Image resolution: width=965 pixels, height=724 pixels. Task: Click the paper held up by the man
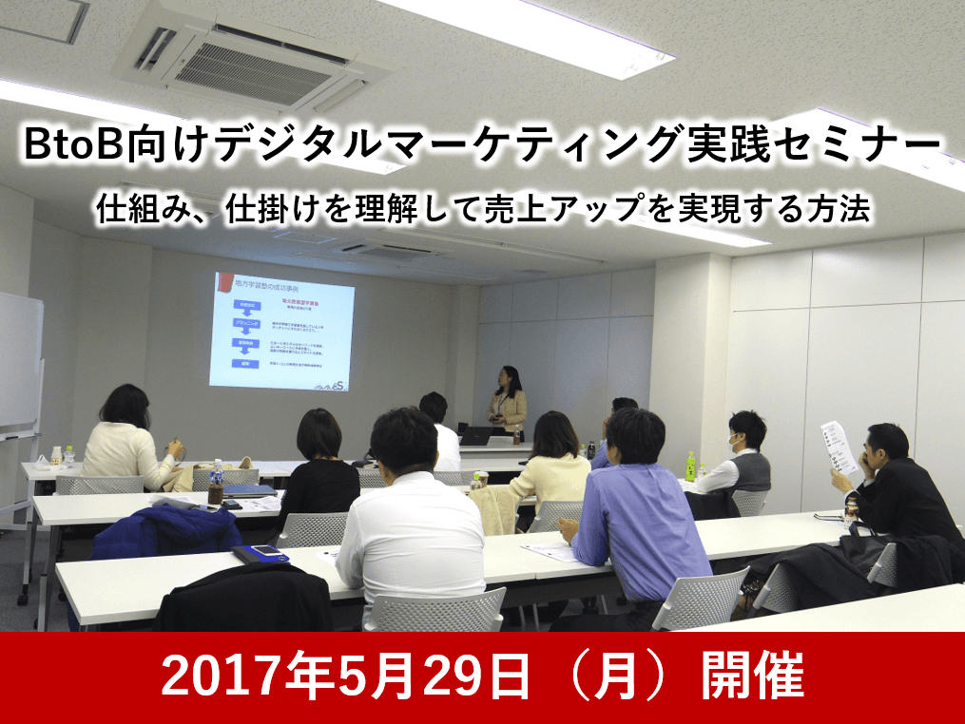(x=838, y=448)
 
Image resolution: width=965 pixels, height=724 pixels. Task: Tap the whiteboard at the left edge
(x=19, y=362)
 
